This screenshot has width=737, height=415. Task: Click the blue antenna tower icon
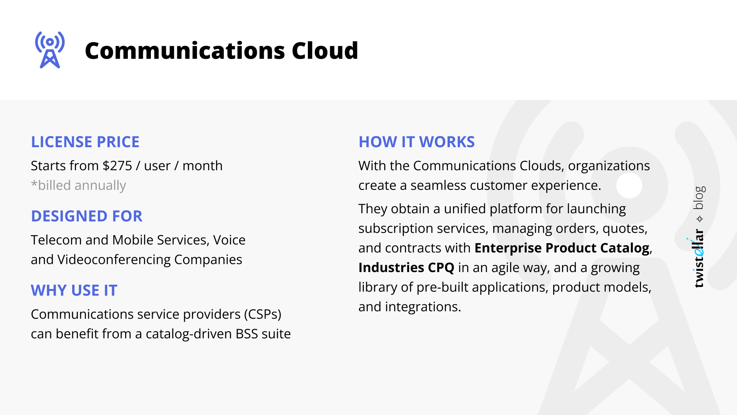coord(50,50)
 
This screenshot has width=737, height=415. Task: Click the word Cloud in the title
coord(325,51)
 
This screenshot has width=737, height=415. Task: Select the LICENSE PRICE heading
coord(85,142)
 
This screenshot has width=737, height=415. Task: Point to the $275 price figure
coord(117,166)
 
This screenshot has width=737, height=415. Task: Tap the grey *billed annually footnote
coord(78,185)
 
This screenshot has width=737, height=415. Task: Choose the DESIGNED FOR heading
coord(87,216)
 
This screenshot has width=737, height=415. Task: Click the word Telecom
coord(56,240)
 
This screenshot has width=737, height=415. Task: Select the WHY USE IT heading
coord(74,290)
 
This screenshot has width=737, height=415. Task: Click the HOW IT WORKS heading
coord(416,142)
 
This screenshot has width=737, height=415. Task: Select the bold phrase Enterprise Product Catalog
coord(562,248)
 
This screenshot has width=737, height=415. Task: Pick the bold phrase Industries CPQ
coord(406,267)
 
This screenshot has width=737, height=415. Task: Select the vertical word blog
coord(699,198)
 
